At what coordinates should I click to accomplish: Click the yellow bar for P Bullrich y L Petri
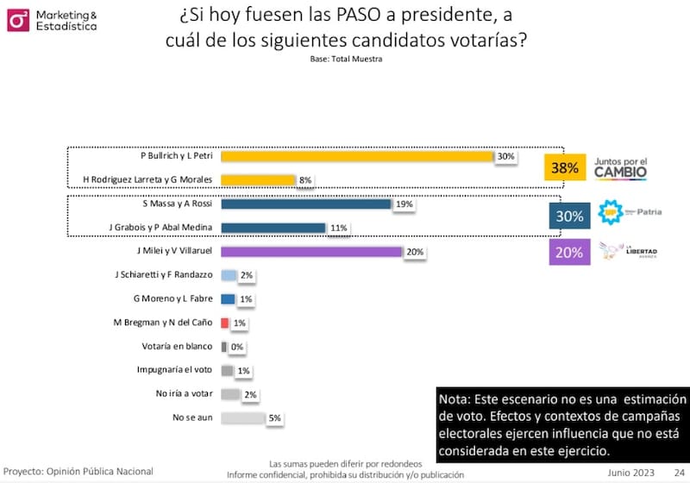coord(356,156)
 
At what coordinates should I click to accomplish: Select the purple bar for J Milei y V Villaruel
coord(311,252)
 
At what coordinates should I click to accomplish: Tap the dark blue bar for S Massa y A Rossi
coord(306,204)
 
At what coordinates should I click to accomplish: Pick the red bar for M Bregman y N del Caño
coord(225,323)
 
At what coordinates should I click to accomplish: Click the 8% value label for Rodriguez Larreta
coord(304,180)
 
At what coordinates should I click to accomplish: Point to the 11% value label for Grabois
coord(337,229)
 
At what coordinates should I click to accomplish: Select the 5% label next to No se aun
coord(274,418)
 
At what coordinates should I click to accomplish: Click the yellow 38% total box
coord(564,168)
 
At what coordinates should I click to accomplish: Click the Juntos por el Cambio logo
coord(620,167)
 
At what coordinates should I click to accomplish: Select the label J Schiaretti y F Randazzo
coord(163,275)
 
